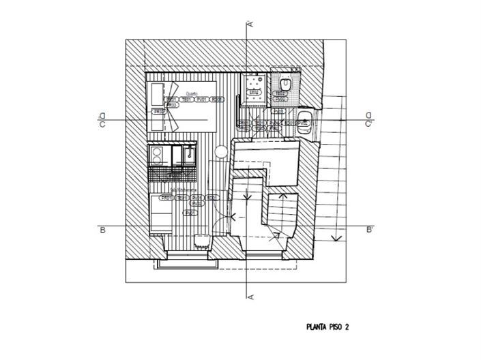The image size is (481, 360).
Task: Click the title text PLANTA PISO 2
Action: click(327, 327)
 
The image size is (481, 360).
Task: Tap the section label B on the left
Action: click(101, 230)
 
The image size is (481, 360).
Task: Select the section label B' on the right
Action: click(369, 230)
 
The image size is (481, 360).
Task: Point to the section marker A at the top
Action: click(250, 24)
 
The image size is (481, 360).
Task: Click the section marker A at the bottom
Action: click(250, 296)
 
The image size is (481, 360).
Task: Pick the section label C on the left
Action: click(101, 124)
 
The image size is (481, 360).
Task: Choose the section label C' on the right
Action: click(368, 124)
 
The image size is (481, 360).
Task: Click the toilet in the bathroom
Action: click(285, 85)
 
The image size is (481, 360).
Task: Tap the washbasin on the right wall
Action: click(304, 123)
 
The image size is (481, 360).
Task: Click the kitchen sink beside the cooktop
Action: click(186, 155)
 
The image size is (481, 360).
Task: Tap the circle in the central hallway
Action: click(221, 151)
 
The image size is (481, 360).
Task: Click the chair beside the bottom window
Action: click(202, 241)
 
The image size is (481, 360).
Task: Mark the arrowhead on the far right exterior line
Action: click(334, 238)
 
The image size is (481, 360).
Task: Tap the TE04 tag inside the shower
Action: click(253, 93)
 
